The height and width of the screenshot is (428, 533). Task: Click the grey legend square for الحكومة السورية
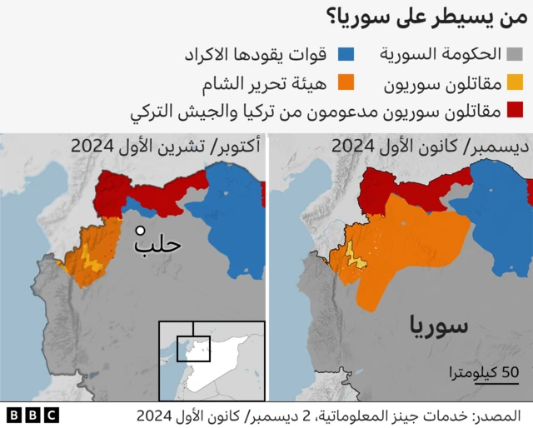pos(516,55)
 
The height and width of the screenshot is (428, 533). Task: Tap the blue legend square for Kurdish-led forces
pos(346,55)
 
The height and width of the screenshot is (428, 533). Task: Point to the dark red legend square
pos(516,109)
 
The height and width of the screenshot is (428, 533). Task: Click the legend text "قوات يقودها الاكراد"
pos(255,55)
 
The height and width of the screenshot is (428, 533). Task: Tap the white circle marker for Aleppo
pos(142,231)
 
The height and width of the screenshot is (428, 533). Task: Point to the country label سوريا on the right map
pos(439,325)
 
